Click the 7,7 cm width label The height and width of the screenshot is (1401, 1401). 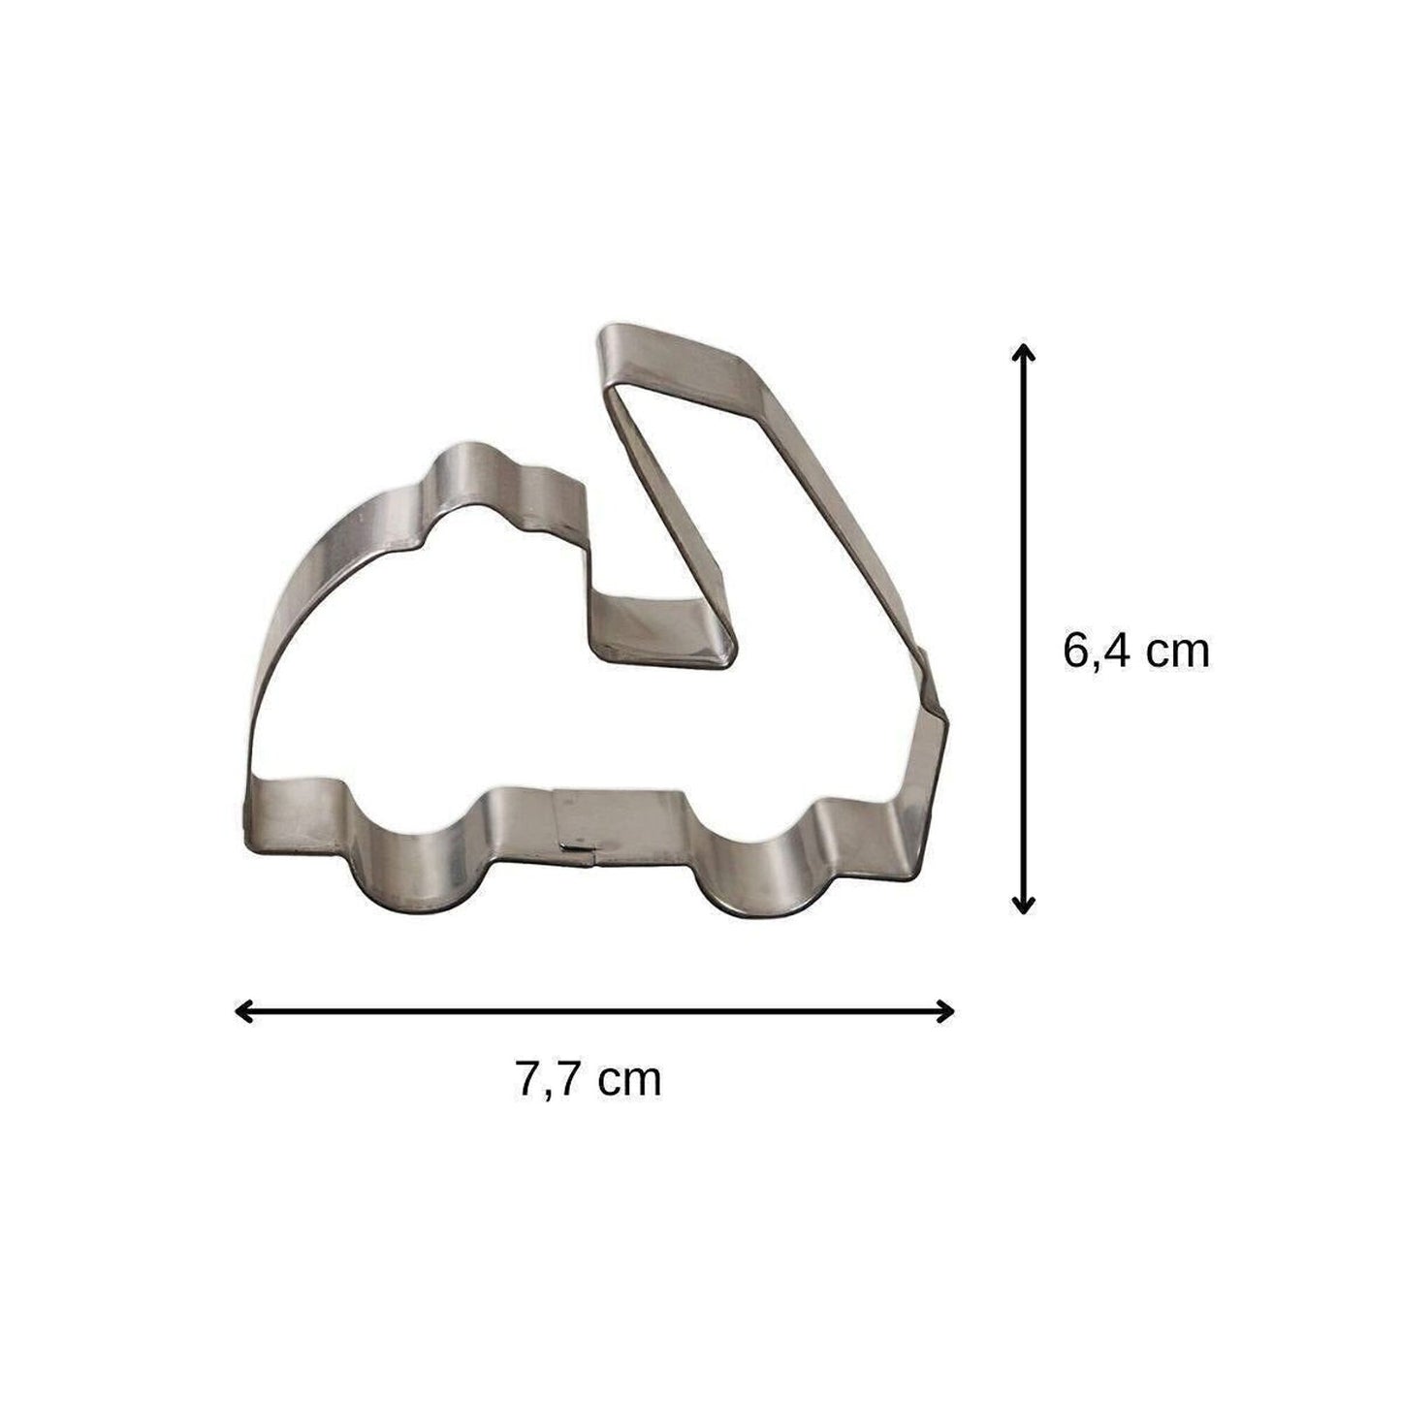click(x=588, y=1079)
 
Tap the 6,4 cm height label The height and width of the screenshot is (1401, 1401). click(x=1135, y=651)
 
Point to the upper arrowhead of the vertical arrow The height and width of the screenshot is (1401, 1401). click(x=1023, y=350)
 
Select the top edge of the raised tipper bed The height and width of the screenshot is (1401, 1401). click(x=679, y=354)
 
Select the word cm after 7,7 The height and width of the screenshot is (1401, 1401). click(x=629, y=1080)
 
